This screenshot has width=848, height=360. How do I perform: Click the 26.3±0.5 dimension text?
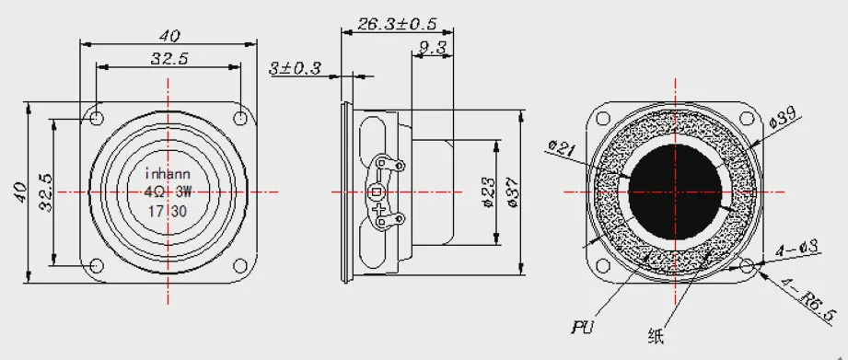[397, 24]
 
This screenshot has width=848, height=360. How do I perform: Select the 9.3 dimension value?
[432, 49]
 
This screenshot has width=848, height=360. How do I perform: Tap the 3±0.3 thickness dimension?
[296, 68]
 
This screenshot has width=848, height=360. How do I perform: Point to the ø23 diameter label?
[487, 192]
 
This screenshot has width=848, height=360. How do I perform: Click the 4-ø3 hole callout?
[797, 250]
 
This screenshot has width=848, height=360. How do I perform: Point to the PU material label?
[582, 327]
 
